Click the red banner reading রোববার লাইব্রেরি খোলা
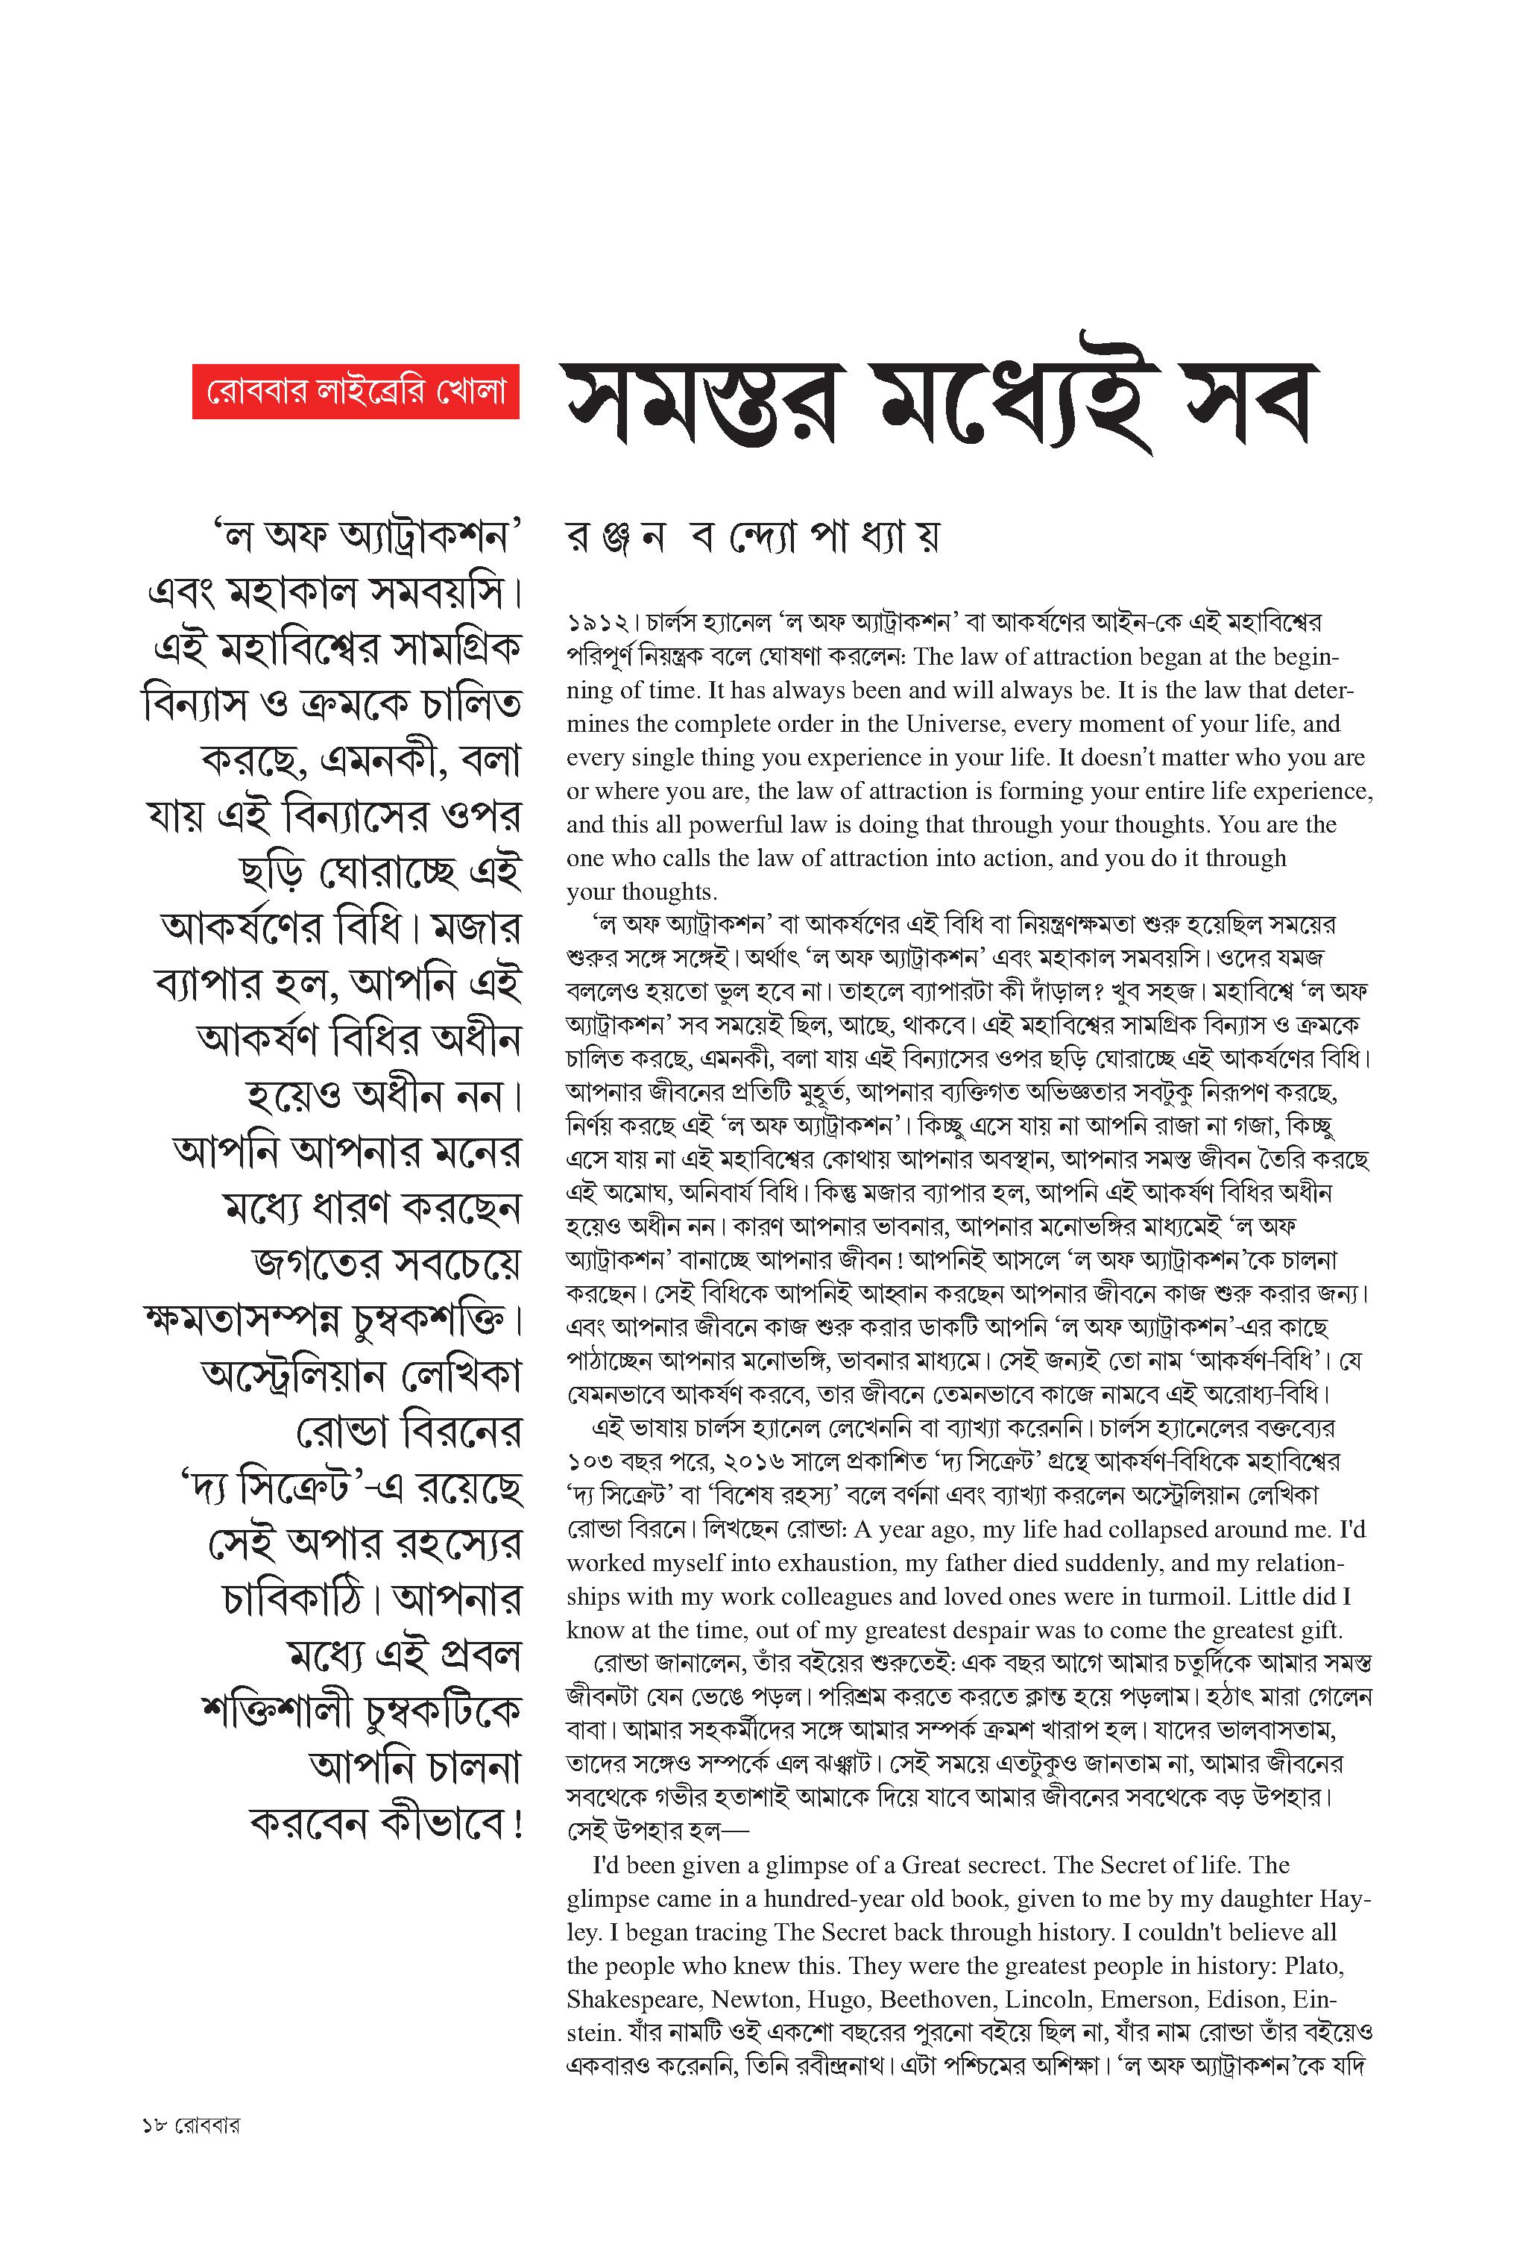pos(356,392)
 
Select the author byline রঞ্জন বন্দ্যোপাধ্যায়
pos(753,537)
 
